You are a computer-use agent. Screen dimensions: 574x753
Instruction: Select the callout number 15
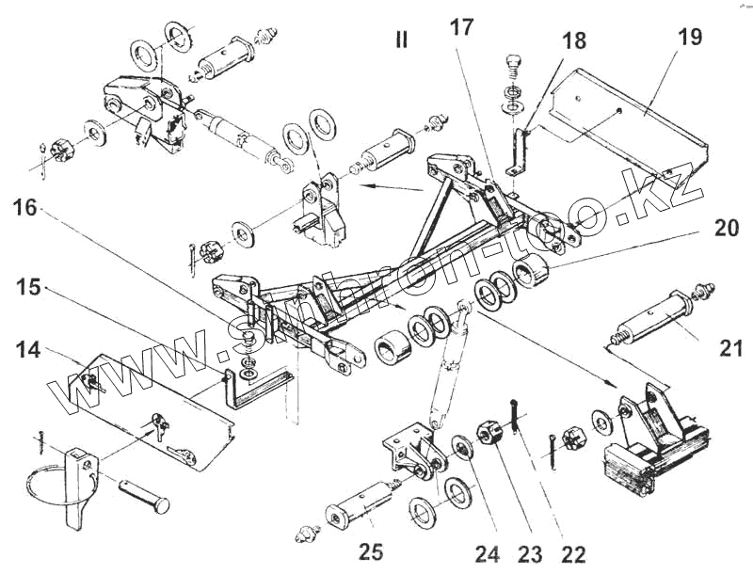pyautogui.click(x=29, y=287)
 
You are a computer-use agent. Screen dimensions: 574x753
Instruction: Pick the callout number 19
pyautogui.click(x=690, y=39)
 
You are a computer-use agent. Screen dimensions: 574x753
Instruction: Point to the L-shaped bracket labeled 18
pyautogui.click(x=517, y=151)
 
